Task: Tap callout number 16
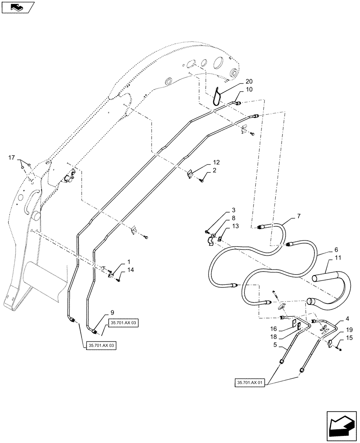tap(274, 329)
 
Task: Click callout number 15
tap(349, 338)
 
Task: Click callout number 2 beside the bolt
tap(214, 170)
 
